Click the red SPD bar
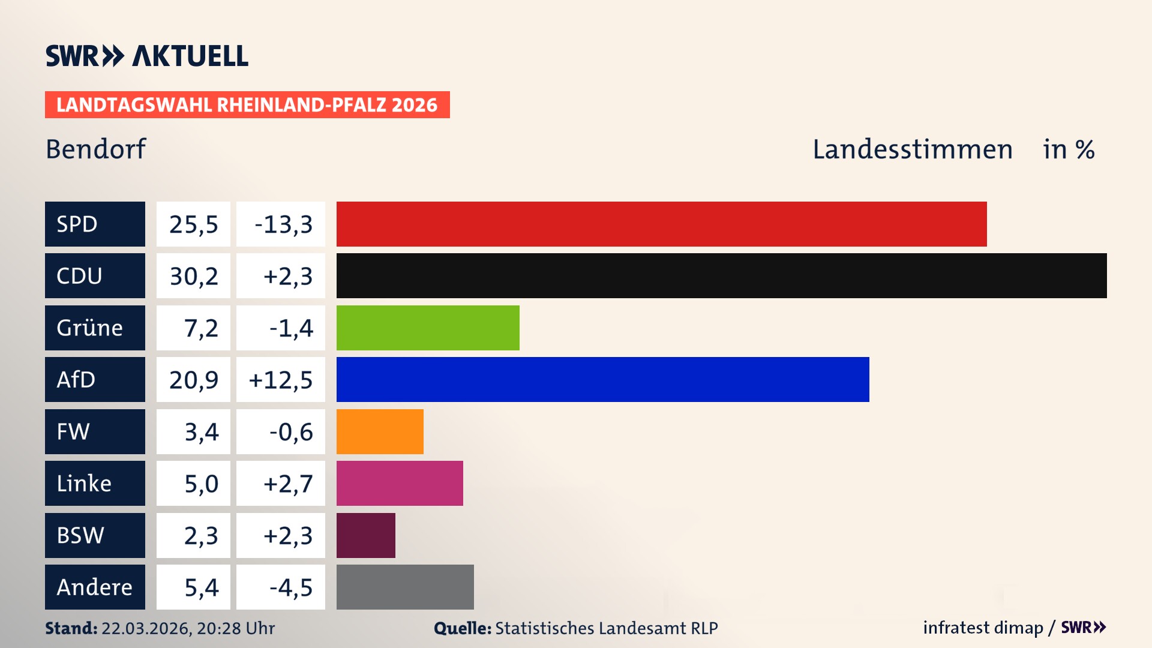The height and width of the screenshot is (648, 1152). [661, 224]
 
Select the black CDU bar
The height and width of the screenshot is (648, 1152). [721, 276]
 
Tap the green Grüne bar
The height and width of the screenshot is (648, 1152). [428, 328]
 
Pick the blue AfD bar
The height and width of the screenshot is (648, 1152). [602, 379]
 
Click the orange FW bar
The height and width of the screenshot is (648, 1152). [380, 431]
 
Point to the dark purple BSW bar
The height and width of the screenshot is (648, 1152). [365, 535]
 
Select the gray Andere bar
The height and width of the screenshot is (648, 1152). [405, 587]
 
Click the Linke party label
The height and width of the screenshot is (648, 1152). [95, 483]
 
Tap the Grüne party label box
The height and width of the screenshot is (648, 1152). [95, 328]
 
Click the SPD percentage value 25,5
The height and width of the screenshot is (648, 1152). [193, 224]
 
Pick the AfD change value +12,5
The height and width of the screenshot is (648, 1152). [280, 380]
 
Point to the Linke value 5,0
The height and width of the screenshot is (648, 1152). [201, 484]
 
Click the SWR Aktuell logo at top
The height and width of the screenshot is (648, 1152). [147, 56]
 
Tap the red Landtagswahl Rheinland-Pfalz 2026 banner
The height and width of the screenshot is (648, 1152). [247, 105]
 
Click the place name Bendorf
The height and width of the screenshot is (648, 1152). [96, 149]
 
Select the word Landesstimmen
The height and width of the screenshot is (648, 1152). [912, 149]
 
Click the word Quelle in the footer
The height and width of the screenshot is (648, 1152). [463, 628]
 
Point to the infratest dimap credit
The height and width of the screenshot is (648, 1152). [983, 628]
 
